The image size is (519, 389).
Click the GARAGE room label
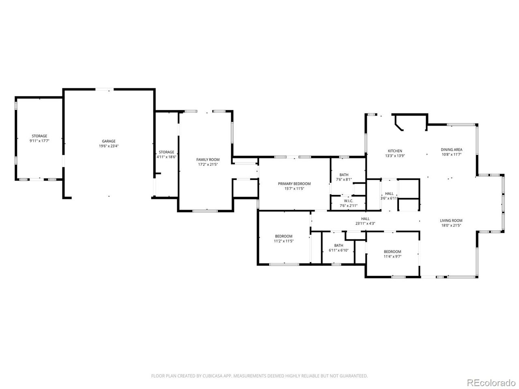click(x=109, y=141)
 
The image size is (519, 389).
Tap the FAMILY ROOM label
click(x=208, y=160)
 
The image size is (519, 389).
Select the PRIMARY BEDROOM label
click(x=294, y=184)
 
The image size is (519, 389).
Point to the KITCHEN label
click(x=395, y=151)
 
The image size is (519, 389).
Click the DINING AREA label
click(x=452, y=150)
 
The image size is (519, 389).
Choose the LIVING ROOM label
click(x=451, y=220)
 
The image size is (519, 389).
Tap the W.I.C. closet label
click(x=349, y=201)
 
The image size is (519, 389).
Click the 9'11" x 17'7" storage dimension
click(x=39, y=141)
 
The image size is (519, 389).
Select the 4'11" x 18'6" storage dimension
click(x=166, y=157)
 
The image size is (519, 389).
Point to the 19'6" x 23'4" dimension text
click(x=109, y=146)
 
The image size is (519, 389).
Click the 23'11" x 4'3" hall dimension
click(x=365, y=223)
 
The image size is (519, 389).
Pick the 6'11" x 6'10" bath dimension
click(x=339, y=250)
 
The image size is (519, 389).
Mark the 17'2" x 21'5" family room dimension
click(x=208, y=164)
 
